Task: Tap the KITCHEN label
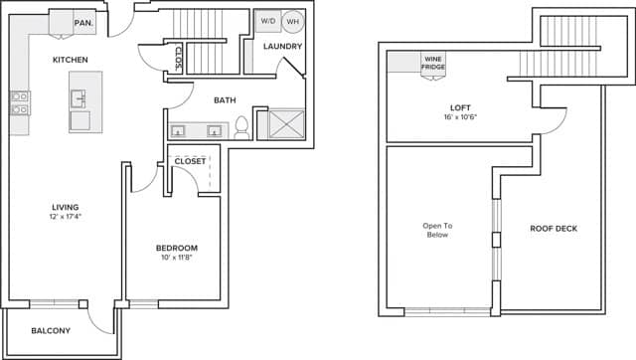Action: [x=71, y=61]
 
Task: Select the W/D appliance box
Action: [x=268, y=21]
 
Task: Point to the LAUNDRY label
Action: [x=282, y=47]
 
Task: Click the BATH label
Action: [x=224, y=99]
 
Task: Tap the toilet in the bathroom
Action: [x=240, y=127]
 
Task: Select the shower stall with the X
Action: [x=281, y=125]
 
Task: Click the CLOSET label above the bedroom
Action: [x=190, y=161]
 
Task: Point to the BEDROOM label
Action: [x=176, y=248]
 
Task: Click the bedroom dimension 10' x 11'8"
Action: [x=176, y=259]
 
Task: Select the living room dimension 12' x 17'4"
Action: [x=66, y=219]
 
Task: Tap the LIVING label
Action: [x=66, y=208]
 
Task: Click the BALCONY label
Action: [x=50, y=330]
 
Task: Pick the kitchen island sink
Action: [x=79, y=99]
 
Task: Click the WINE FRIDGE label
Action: [x=435, y=64]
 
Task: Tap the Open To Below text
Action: [x=436, y=230]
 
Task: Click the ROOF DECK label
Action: [x=553, y=229]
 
